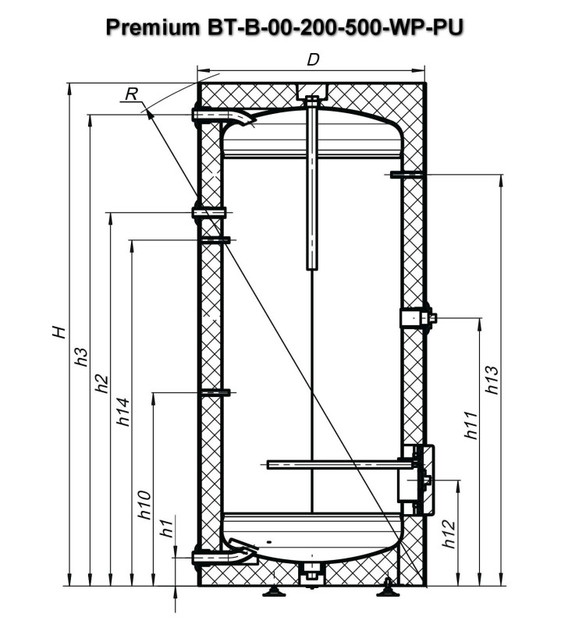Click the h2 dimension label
[100, 384]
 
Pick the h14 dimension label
[123, 412]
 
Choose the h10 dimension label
[144, 505]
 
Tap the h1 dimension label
[165, 528]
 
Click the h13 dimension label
[491, 380]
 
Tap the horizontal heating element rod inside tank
[335, 465]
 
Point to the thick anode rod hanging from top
[312, 187]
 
